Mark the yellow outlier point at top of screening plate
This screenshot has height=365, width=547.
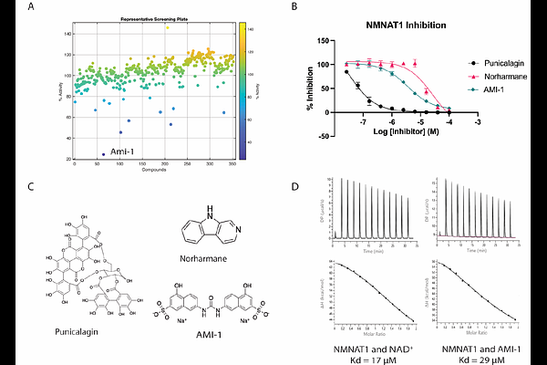click(167, 27)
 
